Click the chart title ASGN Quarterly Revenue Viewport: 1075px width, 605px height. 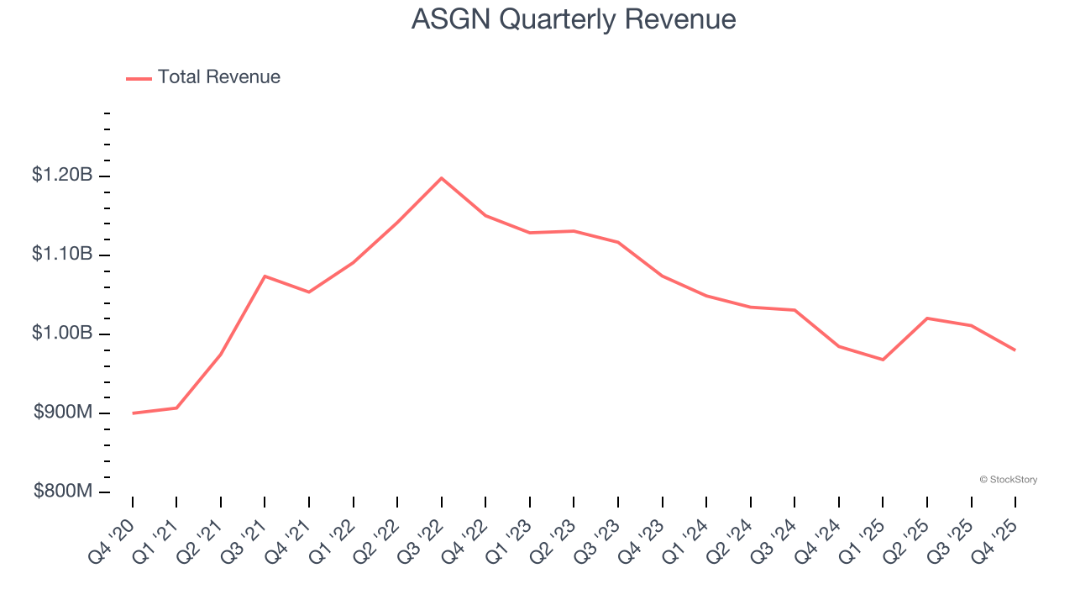[x=574, y=19]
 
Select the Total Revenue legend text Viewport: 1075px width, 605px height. [x=218, y=77]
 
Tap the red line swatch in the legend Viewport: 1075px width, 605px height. [x=139, y=78]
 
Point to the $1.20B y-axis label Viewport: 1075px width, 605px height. [x=62, y=176]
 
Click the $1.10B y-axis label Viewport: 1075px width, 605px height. [x=62, y=255]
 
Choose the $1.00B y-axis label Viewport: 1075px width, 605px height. [x=62, y=334]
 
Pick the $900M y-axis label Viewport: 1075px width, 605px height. [x=63, y=413]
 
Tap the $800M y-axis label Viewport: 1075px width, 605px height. [x=63, y=492]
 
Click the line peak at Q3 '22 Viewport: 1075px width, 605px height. [x=441, y=178]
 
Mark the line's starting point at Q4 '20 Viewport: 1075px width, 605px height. [x=133, y=413]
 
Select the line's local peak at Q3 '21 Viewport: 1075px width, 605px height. [x=265, y=276]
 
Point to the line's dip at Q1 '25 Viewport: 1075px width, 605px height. [x=883, y=360]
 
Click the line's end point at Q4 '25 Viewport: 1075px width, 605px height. [x=1015, y=350]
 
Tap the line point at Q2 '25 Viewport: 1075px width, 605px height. [x=926, y=318]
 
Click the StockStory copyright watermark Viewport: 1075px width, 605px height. [x=1008, y=480]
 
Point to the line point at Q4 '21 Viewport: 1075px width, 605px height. [x=309, y=292]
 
